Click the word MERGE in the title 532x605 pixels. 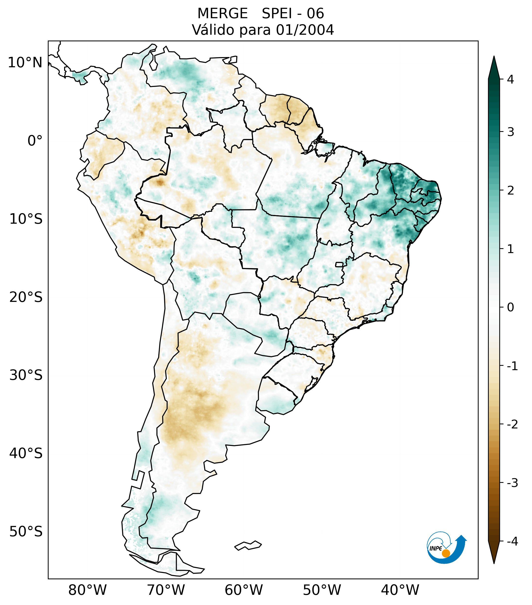coord(222,14)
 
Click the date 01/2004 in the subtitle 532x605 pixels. coord(305,30)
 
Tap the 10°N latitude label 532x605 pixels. coord(25,63)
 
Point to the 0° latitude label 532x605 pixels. coord(35,141)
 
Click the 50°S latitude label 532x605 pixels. coord(26,532)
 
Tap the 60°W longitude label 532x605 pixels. coord(244,590)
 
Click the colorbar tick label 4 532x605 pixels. coord(510,79)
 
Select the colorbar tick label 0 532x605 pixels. coord(510,307)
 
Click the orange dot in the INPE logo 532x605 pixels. coord(446,553)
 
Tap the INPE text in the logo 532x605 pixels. coord(436,548)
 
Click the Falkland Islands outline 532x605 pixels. coord(248,545)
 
